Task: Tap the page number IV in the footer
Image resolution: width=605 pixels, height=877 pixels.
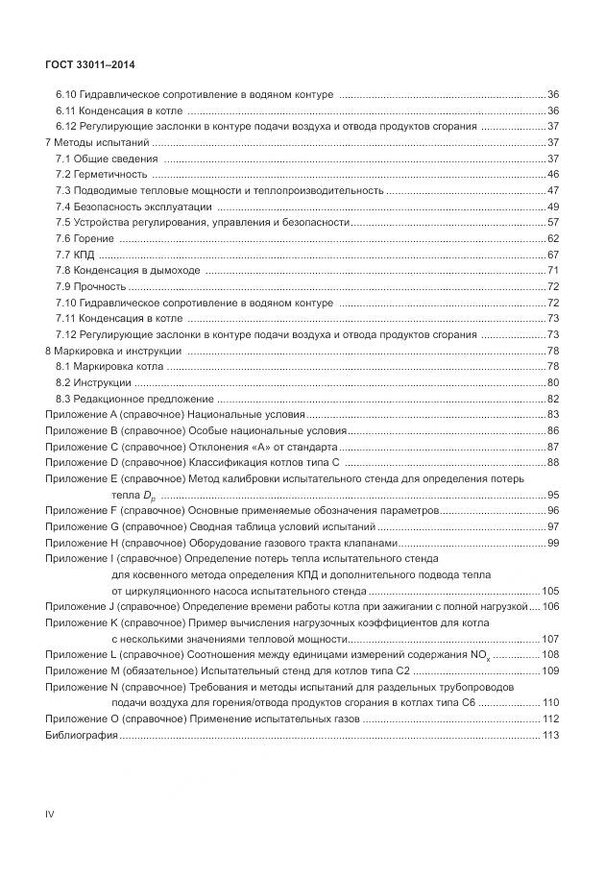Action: [50, 814]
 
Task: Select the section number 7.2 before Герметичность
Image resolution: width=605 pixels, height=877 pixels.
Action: [63, 174]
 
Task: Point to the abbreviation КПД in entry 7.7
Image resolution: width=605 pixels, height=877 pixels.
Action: [85, 255]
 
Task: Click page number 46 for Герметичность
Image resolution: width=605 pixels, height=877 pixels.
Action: [553, 174]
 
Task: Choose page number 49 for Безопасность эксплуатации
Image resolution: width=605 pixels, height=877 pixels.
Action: [553, 207]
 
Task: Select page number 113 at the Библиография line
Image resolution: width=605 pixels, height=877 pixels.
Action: [550, 736]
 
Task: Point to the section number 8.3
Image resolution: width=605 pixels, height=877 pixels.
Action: [63, 399]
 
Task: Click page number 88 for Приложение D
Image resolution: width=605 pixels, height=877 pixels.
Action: [553, 463]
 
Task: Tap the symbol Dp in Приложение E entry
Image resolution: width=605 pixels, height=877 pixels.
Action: [150, 496]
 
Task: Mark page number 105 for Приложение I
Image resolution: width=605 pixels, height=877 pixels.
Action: [550, 591]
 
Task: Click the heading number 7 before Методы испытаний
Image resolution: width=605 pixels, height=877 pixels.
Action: [48, 142]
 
